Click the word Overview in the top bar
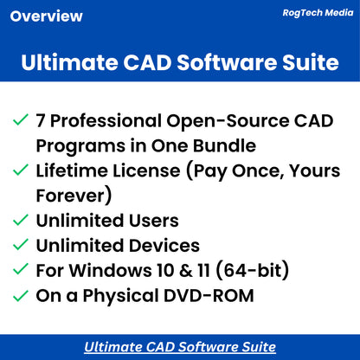pos(48,16)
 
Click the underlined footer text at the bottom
pos(180,347)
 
